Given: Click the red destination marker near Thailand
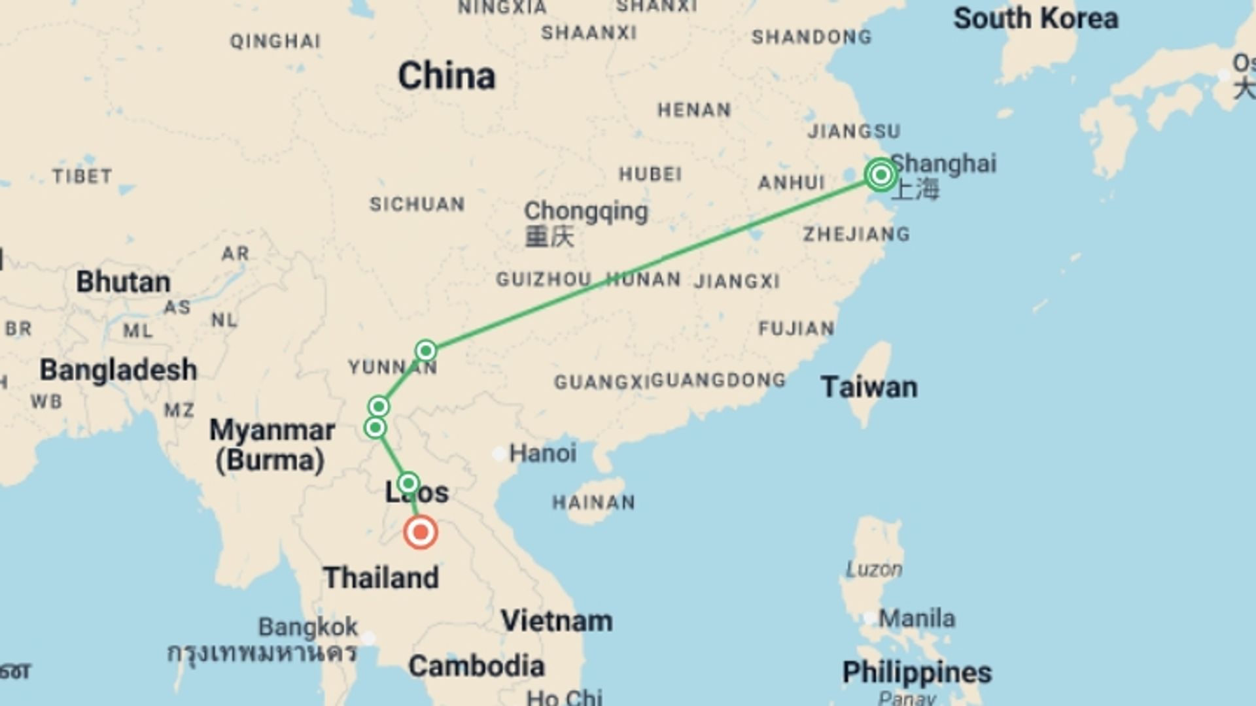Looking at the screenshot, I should pos(421,532).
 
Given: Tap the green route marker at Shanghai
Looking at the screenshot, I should pos(881,175).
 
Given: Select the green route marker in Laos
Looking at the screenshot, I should pos(408,484).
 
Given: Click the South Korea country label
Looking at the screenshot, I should pos(1036,18).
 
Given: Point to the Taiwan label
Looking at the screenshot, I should pos(869,387).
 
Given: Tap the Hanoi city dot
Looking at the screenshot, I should pos(498,453).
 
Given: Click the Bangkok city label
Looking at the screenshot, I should pos(308,627).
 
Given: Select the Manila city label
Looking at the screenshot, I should pos(916,618).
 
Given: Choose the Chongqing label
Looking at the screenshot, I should pos(585,212).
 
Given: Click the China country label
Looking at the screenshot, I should pos(447,76).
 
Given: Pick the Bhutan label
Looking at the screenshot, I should pos(123,282).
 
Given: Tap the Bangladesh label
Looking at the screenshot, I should pos(118,370).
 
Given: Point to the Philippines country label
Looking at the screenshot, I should pos(916,672).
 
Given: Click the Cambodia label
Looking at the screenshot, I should pos(476,666).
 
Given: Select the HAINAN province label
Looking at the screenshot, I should pos(593,502).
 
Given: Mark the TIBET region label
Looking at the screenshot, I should pos(82,176).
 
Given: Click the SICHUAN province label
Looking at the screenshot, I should pos(417,204).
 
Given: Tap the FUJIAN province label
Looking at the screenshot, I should pos(796,328).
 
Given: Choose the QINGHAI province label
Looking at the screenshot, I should pos(275,41).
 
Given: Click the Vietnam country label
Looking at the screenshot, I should pos(557,621).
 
